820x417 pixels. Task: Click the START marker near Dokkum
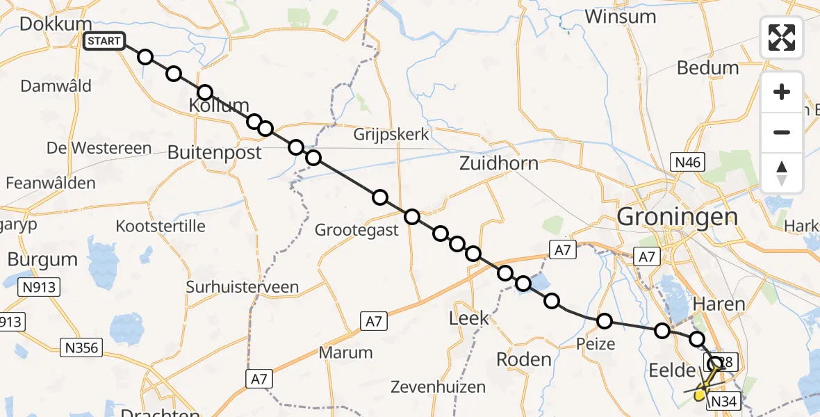[104, 41]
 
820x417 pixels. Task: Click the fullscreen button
[782, 38]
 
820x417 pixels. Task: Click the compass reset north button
[782, 173]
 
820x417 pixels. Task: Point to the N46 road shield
[687, 163]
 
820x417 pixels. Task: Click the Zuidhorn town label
[499, 163]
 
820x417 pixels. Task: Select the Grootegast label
[357, 229]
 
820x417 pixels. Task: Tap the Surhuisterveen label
[242, 286]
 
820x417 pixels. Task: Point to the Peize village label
[596, 343]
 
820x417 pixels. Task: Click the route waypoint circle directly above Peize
[605, 320]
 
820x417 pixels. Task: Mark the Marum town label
[345, 352]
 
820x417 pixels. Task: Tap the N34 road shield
[722, 401]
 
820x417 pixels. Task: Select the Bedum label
[707, 67]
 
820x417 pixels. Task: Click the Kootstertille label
[161, 226]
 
